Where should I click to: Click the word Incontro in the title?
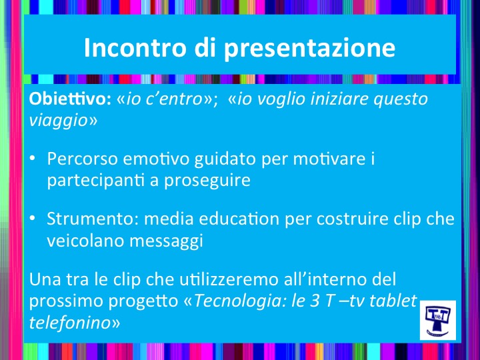135,47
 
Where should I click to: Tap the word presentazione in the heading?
309,49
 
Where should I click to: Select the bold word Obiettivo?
70,99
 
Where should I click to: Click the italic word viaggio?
59,121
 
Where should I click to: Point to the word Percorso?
83,159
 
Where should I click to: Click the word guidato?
225,159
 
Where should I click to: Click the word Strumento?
93,219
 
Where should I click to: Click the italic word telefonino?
70,323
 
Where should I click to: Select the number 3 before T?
315,301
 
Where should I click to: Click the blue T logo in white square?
438,320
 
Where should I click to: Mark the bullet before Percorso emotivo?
32,159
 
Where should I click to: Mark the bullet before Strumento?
32,219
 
